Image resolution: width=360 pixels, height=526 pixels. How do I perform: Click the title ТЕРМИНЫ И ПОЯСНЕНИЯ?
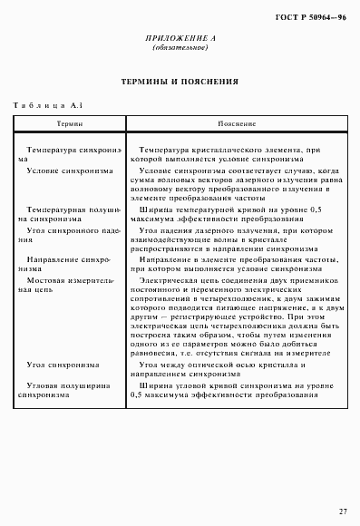(x=180, y=82)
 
